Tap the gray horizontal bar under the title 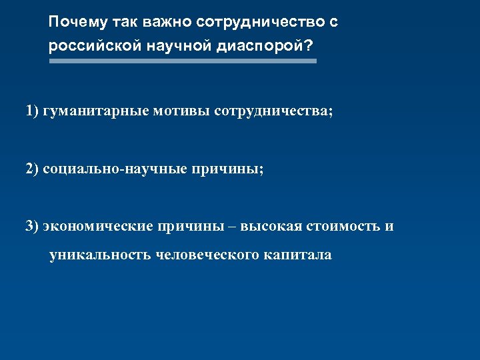tap(183, 61)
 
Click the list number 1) tap(33, 111)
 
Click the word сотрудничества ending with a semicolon tap(273, 111)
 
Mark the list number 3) tap(33, 226)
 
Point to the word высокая tap(271, 226)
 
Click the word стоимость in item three tap(343, 226)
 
